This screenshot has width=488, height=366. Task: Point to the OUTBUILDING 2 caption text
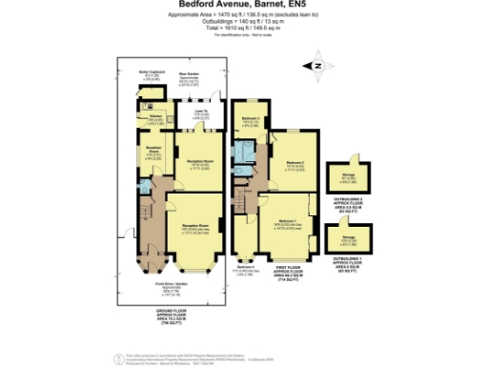pos(343,197)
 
